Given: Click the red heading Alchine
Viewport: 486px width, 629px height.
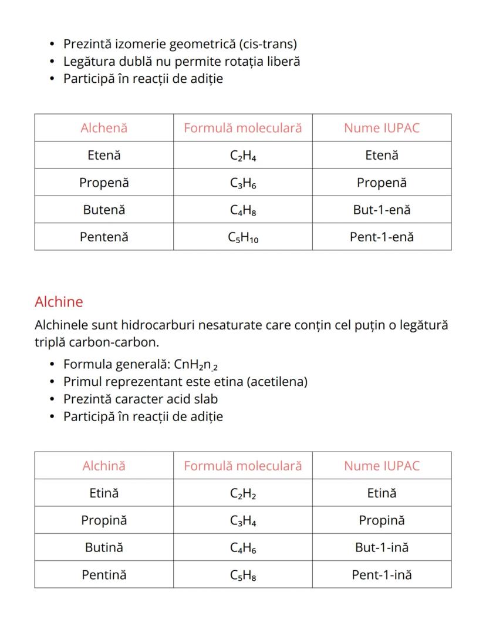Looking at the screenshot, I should click(59, 302).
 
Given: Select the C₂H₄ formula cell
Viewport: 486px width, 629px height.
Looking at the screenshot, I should click(242, 156).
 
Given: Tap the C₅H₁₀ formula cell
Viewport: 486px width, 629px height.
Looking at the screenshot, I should click(242, 237).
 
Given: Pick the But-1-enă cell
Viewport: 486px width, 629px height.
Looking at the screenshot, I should click(382, 210).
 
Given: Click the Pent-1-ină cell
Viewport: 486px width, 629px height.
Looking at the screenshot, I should click(382, 575).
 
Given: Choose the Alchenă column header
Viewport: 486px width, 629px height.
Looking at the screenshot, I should click(104, 128).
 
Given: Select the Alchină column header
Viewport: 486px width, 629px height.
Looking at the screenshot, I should click(104, 466).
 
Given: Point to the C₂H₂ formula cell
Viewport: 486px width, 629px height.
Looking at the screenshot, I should click(242, 493).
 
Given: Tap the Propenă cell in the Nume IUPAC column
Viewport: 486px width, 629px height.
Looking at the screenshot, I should click(382, 183).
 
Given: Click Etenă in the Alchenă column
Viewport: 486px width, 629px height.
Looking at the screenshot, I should click(104, 156).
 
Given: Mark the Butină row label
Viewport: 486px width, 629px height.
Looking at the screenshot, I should click(104, 547).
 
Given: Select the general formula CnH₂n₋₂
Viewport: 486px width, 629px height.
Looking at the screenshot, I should click(196, 365).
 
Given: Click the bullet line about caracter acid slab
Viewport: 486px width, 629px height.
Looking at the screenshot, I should click(141, 399).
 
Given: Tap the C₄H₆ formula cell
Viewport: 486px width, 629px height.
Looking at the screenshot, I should click(242, 548).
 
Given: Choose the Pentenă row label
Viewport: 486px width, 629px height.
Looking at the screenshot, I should click(104, 237).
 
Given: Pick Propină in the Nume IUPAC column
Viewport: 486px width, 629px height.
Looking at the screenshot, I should click(382, 520).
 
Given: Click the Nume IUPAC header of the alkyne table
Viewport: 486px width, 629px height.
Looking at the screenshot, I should click(382, 466).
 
